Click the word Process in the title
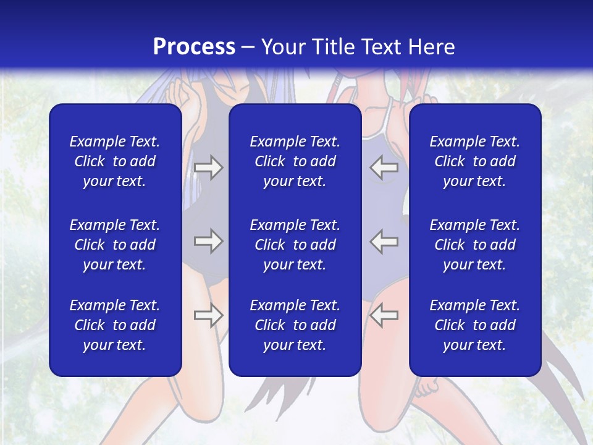pyautogui.click(x=194, y=47)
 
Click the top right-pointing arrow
pyautogui.click(x=208, y=167)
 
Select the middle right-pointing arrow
pyautogui.click(x=208, y=241)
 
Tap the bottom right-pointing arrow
pyautogui.click(x=208, y=315)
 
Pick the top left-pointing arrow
pyautogui.click(x=384, y=167)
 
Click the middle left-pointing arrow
pyautogui.click(x=384, y=241)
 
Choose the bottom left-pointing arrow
pyautogui.click(x=384, y=315)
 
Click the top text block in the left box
pyautogui.click(x=115, y=161)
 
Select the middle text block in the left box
pyautogui.click(x=115, y=245)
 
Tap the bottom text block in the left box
pyautogui.click(x=115, y=325)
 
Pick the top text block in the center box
pyautogui.click(x=295, y=161)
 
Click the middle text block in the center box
pyautogui.click(x=295, y=245)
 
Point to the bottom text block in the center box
pyautogui.click(x=295, y=325)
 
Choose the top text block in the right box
pyautogui.click(x=474, y=161)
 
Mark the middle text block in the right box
pyautogui.click(x=474, y=245)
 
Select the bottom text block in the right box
pyautogui.click(x=474, y=325)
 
